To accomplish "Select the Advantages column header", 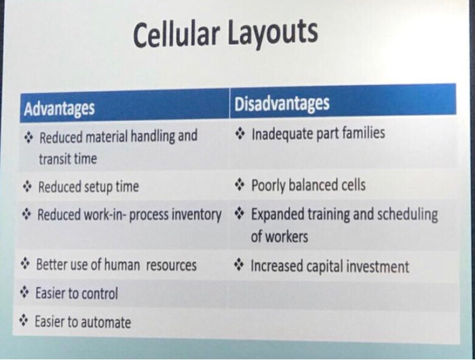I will pos(59,108).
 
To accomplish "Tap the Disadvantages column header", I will pos(282,104).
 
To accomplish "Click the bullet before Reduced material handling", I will pos(28,137).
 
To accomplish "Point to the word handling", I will pos(157,137).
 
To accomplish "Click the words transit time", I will pos(67,159).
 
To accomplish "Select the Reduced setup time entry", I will pos(88,186).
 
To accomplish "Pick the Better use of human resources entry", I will pos(115,265).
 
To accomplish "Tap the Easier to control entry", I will pos(76,293).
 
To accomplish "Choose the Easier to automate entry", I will pos(83,322).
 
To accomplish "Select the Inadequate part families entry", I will pos(318,133).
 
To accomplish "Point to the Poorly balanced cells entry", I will pos(308,185).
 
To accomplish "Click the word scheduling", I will pos(406,215).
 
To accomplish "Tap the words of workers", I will pos(279,237).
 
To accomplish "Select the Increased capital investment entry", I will pos(330,266).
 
